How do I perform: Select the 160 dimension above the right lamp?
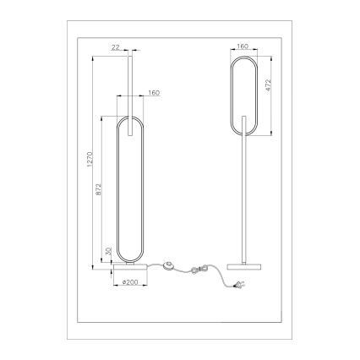click(243, 47)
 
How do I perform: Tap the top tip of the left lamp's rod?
click(129, 57)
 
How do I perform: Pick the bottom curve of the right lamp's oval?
click(243, 134)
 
